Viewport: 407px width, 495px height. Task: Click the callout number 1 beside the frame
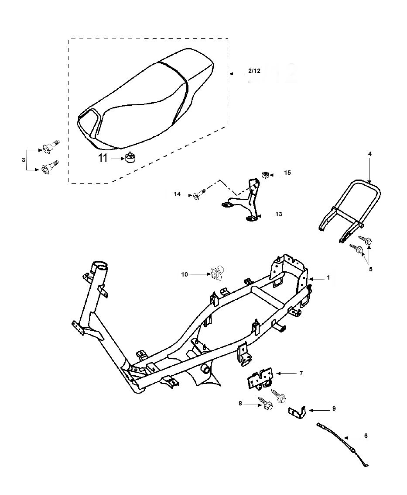click(328, 277)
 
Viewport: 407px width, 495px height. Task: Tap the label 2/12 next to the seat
click(254, 71)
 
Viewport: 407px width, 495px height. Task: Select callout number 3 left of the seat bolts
click(24, 160)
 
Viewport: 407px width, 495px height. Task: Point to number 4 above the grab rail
click(369, 154)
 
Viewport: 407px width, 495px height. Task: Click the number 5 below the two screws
click(370, 269)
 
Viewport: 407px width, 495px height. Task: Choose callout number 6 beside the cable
click(366, 436)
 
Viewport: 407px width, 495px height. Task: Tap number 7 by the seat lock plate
click(301, 373)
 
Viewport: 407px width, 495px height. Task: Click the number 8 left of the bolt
click(240, 404)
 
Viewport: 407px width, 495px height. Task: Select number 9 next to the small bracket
click(334, 409)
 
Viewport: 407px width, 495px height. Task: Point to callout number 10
click(185, 274)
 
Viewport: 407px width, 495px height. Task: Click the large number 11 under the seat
click(103, 158)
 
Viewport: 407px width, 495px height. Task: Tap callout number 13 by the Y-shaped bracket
click(278, 214)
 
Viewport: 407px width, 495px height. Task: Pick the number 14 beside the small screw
click(177, 194)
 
